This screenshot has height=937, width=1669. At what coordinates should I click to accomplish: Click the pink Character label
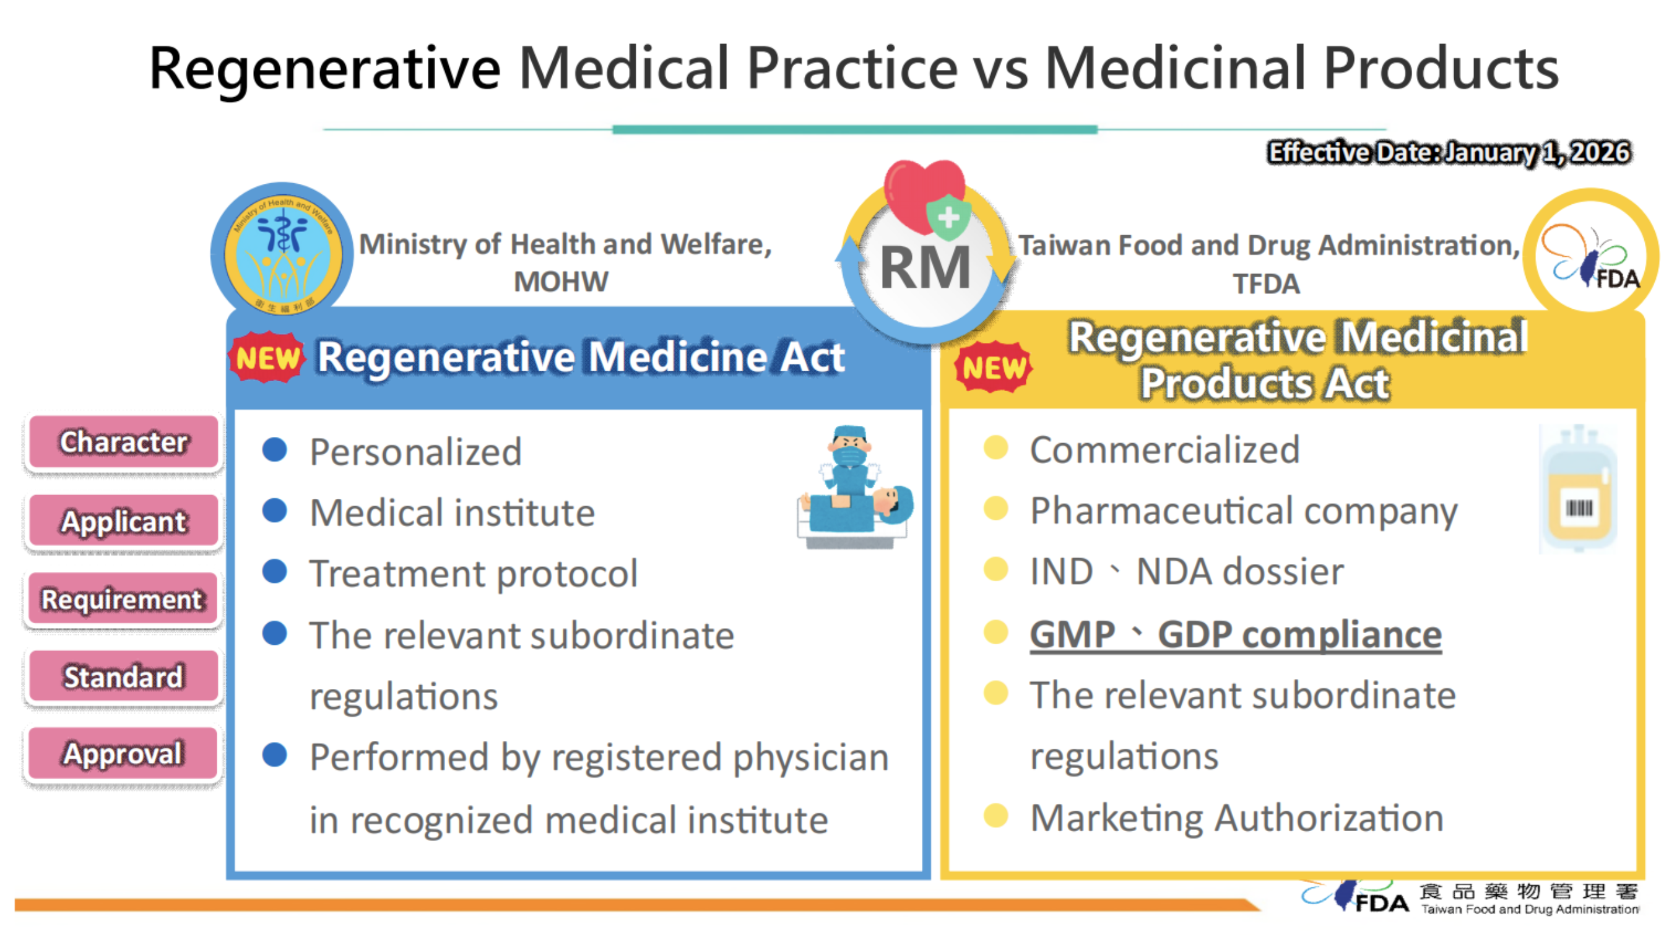[124, 442]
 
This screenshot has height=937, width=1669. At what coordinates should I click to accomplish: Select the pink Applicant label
[124, 520]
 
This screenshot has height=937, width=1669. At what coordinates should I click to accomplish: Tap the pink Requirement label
[124, 599]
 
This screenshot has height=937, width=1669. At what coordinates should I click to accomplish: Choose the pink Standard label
[124, 676]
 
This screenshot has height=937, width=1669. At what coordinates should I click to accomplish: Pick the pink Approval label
[124, 753]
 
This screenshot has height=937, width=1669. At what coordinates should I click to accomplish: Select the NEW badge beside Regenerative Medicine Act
[267, 358]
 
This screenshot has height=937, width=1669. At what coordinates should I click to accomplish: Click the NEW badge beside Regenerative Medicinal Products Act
[994, 367]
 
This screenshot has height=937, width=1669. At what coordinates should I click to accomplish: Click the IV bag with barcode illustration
[1579, 489]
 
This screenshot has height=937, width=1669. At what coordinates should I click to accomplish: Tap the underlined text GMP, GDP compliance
[1236, 634]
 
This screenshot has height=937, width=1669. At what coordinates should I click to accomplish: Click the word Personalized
[415, 451]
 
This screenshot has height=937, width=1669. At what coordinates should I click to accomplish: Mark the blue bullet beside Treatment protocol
[275, 571]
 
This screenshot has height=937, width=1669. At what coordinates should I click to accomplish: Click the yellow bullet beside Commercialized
[996, 447]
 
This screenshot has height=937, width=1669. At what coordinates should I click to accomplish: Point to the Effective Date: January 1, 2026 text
[1449, 153]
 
